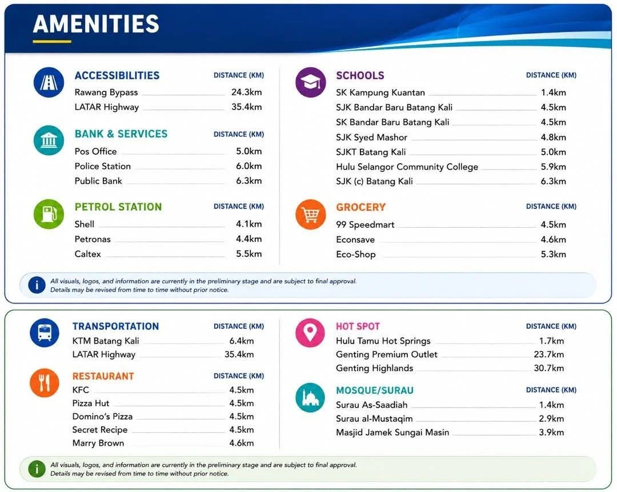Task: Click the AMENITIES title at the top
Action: (x=96, y=23)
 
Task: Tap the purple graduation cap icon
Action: (x=310, y=82)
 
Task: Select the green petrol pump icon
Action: (x=49, y=214)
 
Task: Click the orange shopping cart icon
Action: (x=310, y=215)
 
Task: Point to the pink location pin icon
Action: (x=310, y=333)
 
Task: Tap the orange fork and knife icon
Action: (x=45, y=382)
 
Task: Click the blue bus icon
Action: (x=45, y=333)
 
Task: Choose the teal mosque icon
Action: (x=310, y=397)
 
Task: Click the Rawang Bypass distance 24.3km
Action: (x=246, y=92)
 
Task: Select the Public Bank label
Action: (x=98, y=181)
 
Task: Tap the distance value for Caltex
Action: (x=249, y=254)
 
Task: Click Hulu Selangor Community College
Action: (x=407, y=167)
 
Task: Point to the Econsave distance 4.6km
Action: (x=553, y=240)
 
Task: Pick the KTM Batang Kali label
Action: (x=106, y=341)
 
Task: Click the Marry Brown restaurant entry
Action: (x=98, y=443)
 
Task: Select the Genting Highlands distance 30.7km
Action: (x=548, y=368)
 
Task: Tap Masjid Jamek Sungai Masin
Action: (x=392, y=433)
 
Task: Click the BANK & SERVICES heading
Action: (x=121, y=134)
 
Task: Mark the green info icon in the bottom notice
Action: (x=37, y=469)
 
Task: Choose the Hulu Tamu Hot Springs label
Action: (x=383, y=341)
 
